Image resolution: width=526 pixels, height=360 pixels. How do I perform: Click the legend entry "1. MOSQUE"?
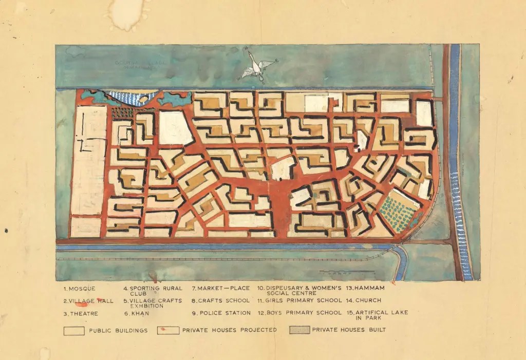point(80,288)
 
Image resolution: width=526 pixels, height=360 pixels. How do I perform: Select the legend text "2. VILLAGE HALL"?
point(89,300)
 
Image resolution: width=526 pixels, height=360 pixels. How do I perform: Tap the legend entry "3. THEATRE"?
point(81,313)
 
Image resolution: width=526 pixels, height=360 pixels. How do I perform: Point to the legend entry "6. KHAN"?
point(136,313)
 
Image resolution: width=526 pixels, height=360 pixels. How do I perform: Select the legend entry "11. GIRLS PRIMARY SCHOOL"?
point(299,300)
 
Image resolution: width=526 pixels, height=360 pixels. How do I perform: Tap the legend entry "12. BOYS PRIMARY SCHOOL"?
point(299,313)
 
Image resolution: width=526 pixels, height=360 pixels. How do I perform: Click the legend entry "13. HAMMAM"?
point(365,288)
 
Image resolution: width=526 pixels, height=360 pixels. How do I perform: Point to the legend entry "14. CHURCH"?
point(364,300)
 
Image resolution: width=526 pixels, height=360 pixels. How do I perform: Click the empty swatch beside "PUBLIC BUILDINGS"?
point(74,331)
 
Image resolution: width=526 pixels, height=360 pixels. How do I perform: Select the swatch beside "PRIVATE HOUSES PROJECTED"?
point(168,330)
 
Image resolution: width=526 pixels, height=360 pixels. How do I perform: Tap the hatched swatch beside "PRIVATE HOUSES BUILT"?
point(298,330)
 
